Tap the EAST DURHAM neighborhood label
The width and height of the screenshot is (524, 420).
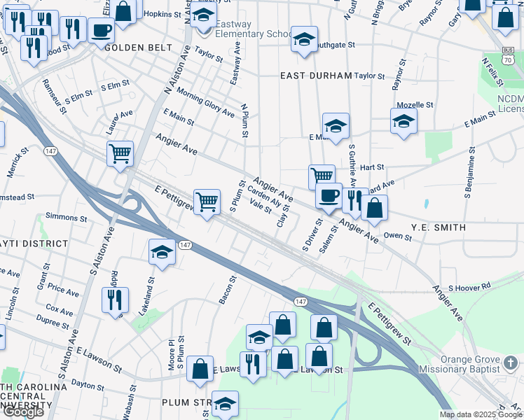pyautogui.click(x=315, y=76)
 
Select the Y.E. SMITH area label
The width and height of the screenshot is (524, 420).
pyautogui.click(x=439, y=227)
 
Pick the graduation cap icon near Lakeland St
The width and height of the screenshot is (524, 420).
pyautogui.click(x=162, y=252)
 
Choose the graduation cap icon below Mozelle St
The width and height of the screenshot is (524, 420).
pyautogui.click(x=404, y=120)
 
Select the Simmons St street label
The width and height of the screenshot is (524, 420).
pyautogui.click(x=66, y=218)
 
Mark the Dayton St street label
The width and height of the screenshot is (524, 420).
pyautogui.click(x=87, y=384)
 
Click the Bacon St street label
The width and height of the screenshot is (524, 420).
pyautogui.click(x=228, y=289)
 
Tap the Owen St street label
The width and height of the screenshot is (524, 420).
pyautogui.click(x=398, y=237)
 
